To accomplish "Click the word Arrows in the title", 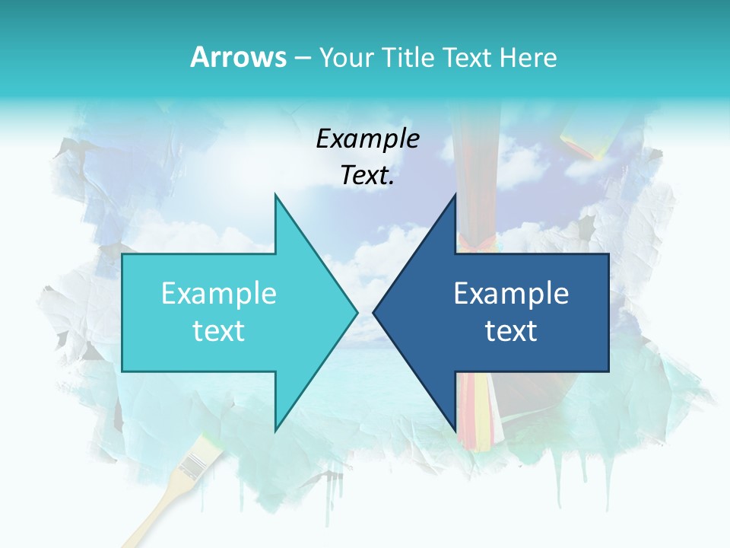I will point(238,57).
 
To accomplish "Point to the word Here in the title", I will point(528,57).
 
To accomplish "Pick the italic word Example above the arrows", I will point(368,139).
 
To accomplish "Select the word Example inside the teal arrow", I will point(219,294).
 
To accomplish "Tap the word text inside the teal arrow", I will point(219,331).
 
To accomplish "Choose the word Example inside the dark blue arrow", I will point(511,294).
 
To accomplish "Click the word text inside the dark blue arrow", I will point(511,331).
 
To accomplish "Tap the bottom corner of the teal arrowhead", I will point(276,429).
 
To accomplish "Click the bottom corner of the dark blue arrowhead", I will point(455,429).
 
